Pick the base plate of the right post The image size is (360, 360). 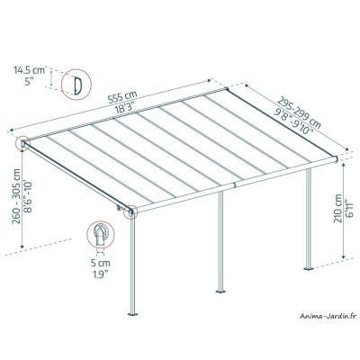tap(311, 267)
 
